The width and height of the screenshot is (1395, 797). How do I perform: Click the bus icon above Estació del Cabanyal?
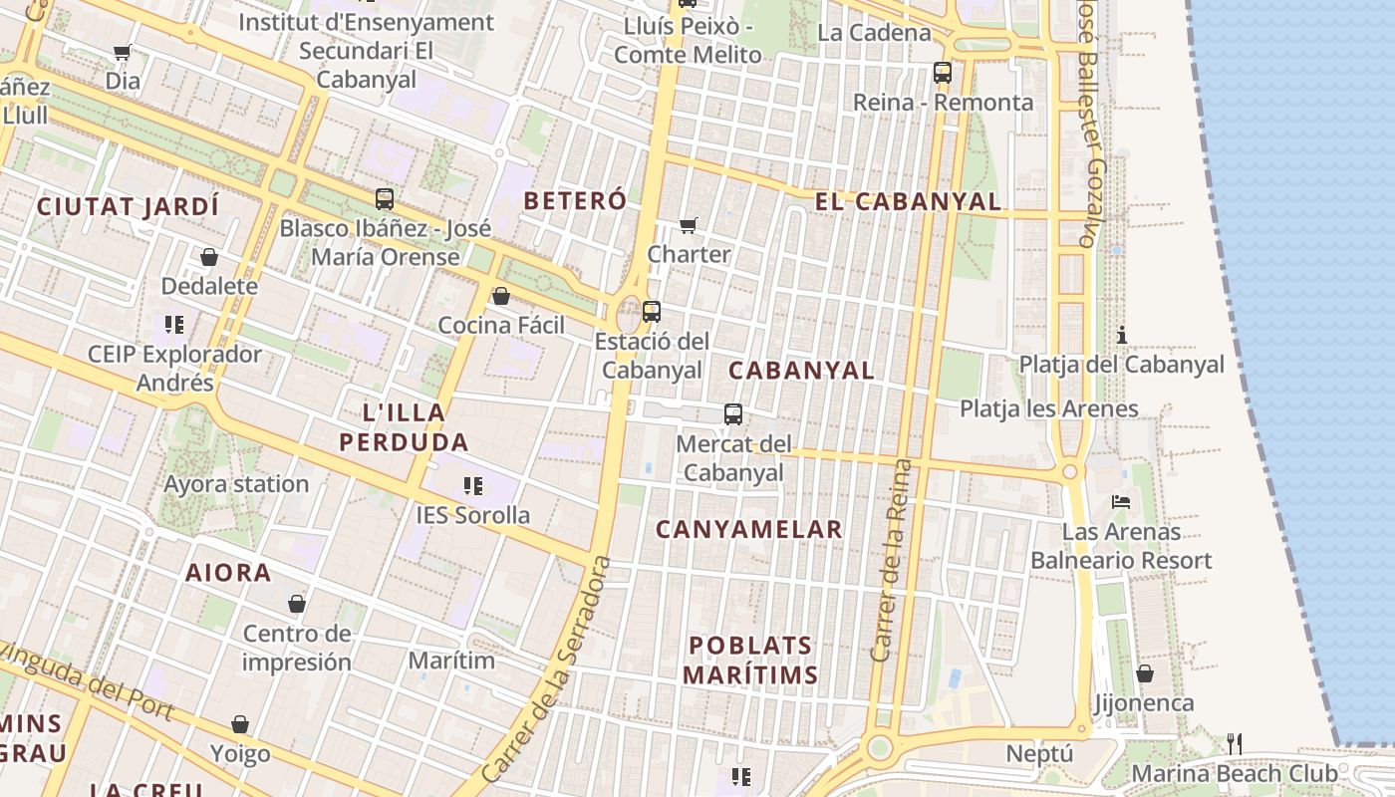652,312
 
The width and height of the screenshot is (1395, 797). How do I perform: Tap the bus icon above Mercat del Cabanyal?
733,413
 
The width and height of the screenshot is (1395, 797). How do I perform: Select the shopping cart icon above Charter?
688,225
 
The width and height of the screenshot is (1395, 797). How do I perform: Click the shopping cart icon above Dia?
122,52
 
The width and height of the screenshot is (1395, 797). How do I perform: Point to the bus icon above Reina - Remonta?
943,73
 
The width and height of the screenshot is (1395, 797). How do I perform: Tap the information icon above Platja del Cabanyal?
1122,335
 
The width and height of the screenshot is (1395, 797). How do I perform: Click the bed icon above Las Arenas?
1121,502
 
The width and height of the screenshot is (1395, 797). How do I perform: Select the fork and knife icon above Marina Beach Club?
1235,743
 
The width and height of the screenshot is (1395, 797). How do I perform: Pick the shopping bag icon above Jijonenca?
1145,673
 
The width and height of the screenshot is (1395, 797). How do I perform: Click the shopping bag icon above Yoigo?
240,724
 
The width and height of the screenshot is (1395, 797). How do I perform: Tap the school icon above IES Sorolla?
473,486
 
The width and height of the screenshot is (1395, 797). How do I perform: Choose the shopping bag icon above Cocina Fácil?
501,296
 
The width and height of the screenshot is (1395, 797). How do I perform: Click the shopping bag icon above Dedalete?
209,257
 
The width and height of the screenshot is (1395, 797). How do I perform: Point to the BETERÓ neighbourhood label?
575,200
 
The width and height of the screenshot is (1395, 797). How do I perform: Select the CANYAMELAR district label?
749,529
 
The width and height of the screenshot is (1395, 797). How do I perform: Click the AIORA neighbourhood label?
228,573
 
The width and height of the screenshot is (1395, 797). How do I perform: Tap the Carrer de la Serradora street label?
546,669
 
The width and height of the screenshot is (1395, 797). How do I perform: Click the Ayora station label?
236,484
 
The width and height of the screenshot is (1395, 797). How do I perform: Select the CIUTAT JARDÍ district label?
128,206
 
